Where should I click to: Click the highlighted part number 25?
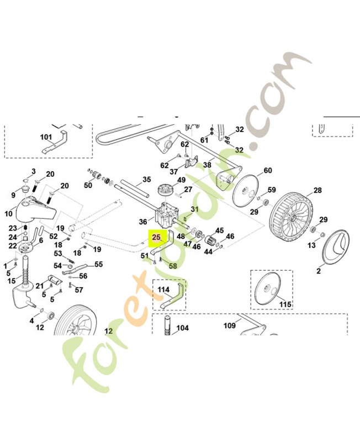point(156,238)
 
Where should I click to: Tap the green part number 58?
point(173,266)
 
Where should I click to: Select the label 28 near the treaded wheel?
point(317,191)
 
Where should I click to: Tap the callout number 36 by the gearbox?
point(143,222)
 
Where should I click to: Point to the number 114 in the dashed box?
point(163,290)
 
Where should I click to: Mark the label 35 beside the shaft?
point(146,180)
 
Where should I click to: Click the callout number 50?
point(88,186)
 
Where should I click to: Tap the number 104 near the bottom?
point(182,328)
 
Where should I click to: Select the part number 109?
point(229,325)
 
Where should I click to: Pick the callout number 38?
point(207,165)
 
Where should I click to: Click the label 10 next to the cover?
point(9,213)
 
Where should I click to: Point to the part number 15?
point(12,281)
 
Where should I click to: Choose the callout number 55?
point(99,265)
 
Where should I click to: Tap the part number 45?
point(219,230)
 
